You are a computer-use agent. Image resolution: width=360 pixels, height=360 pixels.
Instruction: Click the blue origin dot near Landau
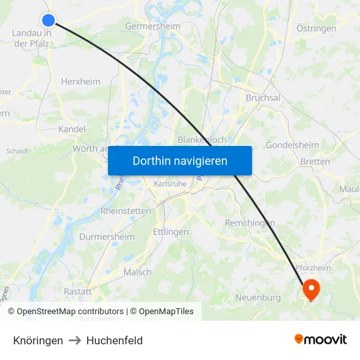pos(48,20)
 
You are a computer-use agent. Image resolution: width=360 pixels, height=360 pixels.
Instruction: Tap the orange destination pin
pos(310,288)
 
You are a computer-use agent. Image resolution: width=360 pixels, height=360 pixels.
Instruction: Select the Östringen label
pos(316,28)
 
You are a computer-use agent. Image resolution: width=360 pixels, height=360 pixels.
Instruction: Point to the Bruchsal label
pos(262,98)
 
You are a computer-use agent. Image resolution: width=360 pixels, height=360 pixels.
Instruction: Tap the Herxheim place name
pos(81,81)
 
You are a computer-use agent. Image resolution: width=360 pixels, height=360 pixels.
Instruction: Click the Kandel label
pos(72,129)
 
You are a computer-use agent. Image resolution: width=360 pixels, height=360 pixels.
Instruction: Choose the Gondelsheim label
pos(293,145)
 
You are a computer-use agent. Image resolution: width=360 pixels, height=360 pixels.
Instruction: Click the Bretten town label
pos(315,161)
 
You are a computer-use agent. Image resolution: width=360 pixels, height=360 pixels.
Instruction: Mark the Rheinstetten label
pos(126,211)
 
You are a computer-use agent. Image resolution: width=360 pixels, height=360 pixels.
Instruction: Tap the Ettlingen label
pos(170,232)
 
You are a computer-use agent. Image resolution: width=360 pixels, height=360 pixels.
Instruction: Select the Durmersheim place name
pos(107,236)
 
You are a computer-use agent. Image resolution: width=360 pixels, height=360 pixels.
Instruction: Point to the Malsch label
pos(137,272)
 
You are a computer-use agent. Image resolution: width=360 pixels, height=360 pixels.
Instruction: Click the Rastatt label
pos(77,291)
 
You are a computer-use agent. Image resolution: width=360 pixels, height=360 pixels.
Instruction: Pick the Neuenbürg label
pos(258,298)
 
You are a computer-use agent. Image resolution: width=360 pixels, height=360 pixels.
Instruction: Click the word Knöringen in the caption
pos(38,340)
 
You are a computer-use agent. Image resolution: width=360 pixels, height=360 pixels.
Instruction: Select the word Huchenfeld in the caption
pos(115,340)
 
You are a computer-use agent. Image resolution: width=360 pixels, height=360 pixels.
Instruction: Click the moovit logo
pos(321,339)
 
